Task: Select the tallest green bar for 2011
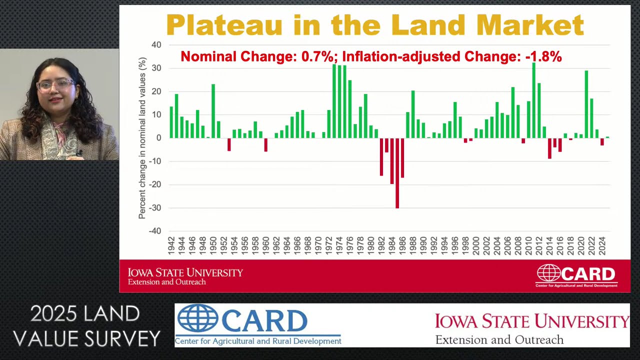coord(533,100)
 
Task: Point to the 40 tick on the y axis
coord(156,45)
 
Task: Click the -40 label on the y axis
coord(155,231)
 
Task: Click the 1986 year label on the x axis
coord(402,246)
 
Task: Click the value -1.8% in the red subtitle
coord(543,57)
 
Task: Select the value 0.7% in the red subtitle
coord(317,57)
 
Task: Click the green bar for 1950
coord(213,110)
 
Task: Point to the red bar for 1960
coord(266,144)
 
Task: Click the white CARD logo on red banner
coord(576,275)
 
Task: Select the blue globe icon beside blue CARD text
coord(197,319)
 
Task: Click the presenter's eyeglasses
coord(55,85)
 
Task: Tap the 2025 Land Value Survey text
coord(86,326)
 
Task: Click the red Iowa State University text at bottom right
coord(531,320)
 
